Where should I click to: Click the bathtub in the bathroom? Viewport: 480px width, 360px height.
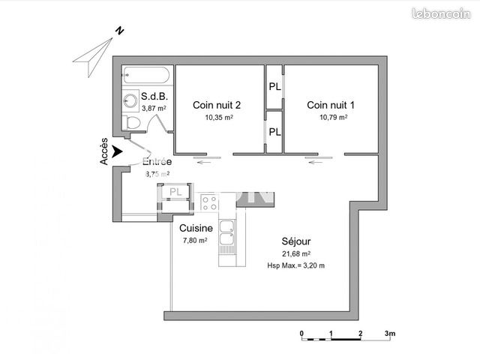click(147, 75)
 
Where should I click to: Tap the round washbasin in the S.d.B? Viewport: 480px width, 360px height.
click(131, 99)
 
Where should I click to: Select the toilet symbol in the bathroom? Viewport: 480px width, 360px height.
click(132, 121)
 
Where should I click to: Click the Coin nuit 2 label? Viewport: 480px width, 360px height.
click(217, 105)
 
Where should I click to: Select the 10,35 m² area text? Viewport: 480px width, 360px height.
click(218, 118)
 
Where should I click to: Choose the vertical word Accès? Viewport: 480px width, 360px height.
click(104, 152)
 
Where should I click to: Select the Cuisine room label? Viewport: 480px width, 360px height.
click(196, 228)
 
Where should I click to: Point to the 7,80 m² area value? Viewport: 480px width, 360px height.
click(195, 241)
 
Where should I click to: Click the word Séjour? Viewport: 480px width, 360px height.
click(296, 241)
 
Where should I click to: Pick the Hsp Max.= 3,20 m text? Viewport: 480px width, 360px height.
click(296, 265)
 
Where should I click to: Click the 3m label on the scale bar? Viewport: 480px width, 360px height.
click(390, 332)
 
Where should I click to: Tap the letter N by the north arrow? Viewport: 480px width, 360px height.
click(118, 31)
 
